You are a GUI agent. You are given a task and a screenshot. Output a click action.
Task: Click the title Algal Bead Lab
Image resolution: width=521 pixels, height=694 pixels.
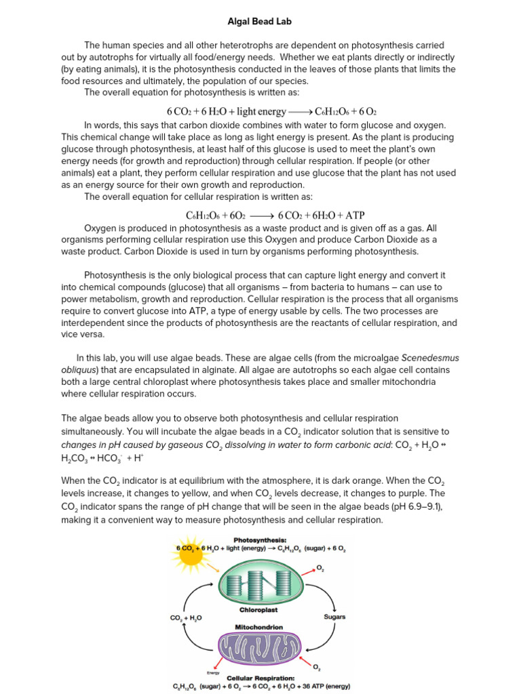click(x=260, y=21)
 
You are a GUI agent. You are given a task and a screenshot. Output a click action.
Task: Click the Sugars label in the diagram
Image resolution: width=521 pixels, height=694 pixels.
click(x=334, y=617)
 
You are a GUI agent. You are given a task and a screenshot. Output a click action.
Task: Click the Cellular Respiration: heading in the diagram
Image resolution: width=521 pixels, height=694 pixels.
click(x=261, y=678)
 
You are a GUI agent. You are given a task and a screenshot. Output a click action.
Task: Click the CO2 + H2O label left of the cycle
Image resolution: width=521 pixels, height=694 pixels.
click(x=185, y=618)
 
